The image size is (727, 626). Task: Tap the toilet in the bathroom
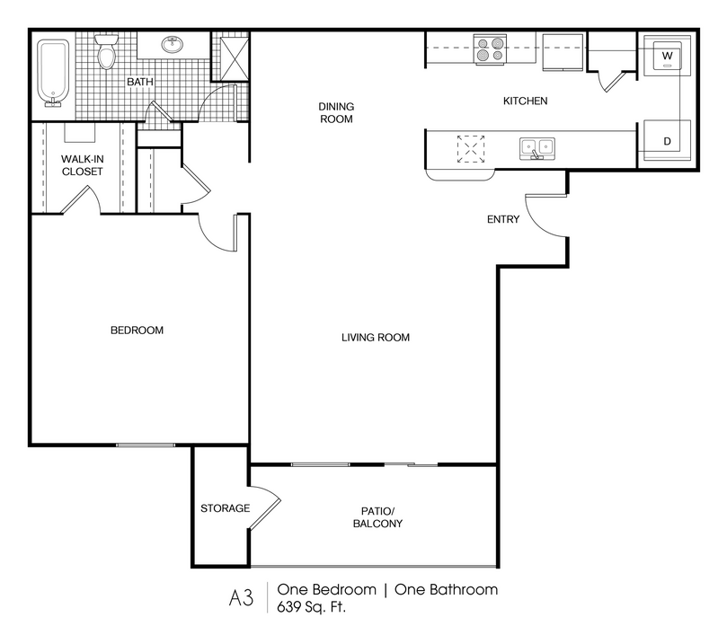pyautogui.click(x=106, y=52)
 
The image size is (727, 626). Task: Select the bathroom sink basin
pyautogui.click(x=173, y=45)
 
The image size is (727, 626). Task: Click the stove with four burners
pyautogui.click(x=490, y=49)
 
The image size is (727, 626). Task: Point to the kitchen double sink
pyautogui.click(x=537, y=149)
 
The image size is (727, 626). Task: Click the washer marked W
pyautogui.click(x=667, y=56)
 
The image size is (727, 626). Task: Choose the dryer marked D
pyautogui.click(x=667, y=140)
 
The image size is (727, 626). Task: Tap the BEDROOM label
pyautogui.click(x=137, y=331)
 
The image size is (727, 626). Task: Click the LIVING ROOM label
pyautogui.click(x=376, y=338)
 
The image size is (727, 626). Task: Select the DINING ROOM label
pyautogui.click(x=336, y=112)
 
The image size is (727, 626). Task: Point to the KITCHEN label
pyautogui.click(x=526, y=101)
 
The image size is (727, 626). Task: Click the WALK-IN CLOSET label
pyautogui.click(x=82, y=165)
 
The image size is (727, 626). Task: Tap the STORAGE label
pyautogui.click(x=225, y=508)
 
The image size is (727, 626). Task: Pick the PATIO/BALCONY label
pyautogui.click(x=377, y=517)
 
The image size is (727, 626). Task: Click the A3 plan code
pyautogui.click(x=241, y=597)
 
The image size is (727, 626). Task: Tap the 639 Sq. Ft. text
pyautogui.click(x=311, y=606)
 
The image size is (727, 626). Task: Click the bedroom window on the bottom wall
pyautogui.click(x=146, y=445)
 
